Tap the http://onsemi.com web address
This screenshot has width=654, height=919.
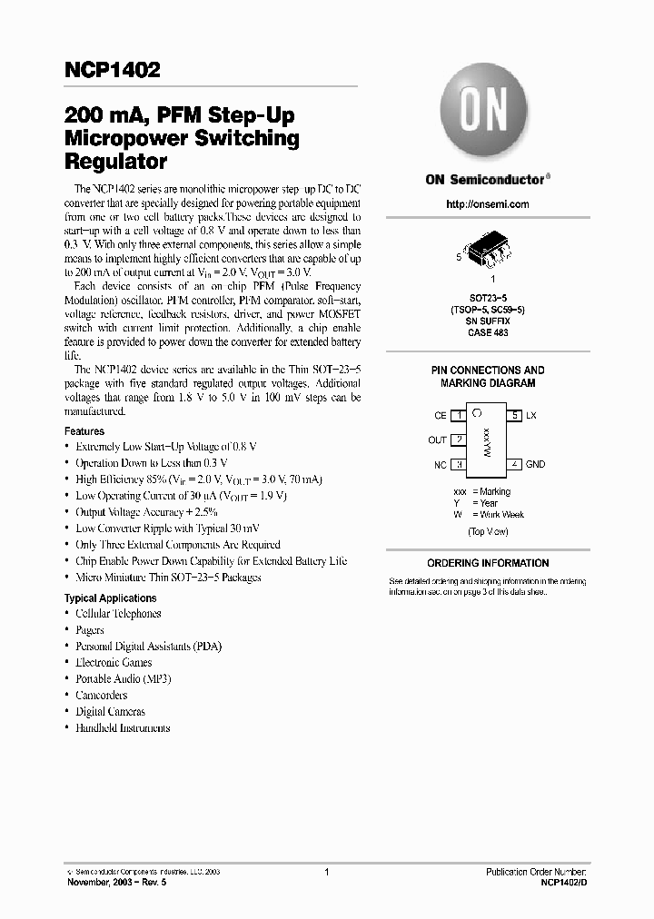point(487,204)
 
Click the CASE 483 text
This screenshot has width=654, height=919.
point(487,333)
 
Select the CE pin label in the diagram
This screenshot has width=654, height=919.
point(440,415)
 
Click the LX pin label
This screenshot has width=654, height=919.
point(531,415)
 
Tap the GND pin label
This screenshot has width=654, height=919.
point(535,464)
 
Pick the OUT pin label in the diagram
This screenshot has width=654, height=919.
point(437,440)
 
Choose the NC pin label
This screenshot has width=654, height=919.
point(440,464)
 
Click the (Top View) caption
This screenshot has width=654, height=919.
point(488,531)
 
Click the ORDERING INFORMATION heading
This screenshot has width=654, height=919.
point(488,563)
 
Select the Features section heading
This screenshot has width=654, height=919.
point(84,431)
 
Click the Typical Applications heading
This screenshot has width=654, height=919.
point(110,598)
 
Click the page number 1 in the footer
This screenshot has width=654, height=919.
point(326,872)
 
